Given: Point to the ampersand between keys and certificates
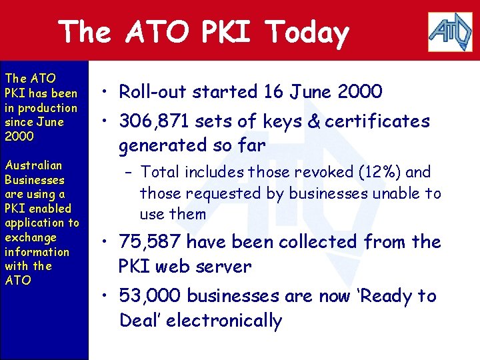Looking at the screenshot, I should (x=311, y=121).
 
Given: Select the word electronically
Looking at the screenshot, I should (x=224, y=321).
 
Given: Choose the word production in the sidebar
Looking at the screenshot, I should (x=47, y=108).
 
